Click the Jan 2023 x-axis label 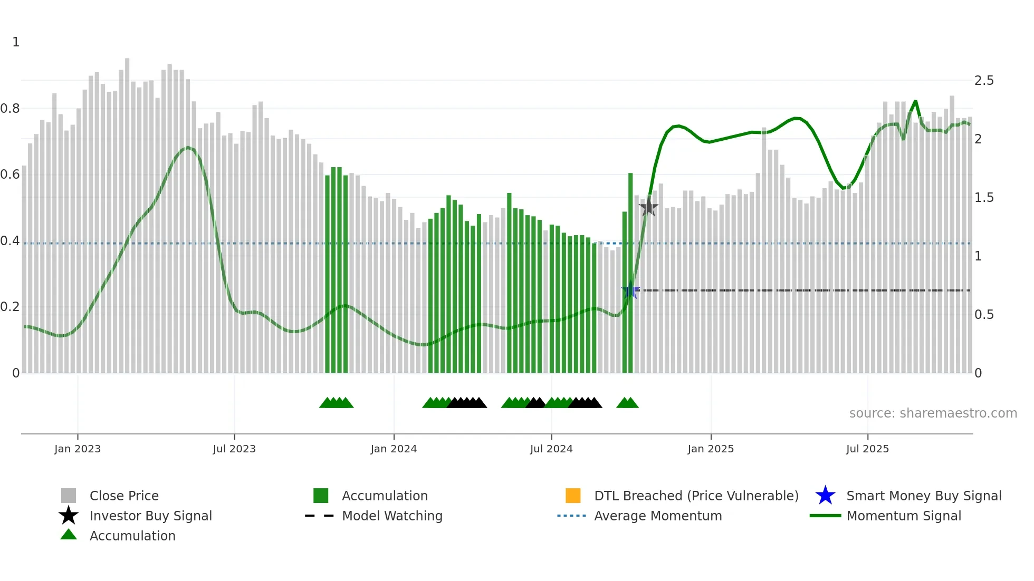(x=78, y=449)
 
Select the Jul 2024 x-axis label (x=551, y=449)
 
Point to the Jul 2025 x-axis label (x=867, y=449)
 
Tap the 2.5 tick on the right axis (x=984, y=81)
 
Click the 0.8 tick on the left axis (x=10, y=109)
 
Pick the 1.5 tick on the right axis (x=984, y=198)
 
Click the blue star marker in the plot (x=630, y=290)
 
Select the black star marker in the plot (x=648, y=207)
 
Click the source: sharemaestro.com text (x=933, y=413)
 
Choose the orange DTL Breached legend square (x=573, y=496)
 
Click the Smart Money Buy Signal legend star (x=825, y=496)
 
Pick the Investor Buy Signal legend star (x=69, y=516)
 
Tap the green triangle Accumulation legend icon (x=69, y=535)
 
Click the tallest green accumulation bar (x=630, y=274)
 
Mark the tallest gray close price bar (x=127, y=211)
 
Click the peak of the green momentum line (x=915, y=101)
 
